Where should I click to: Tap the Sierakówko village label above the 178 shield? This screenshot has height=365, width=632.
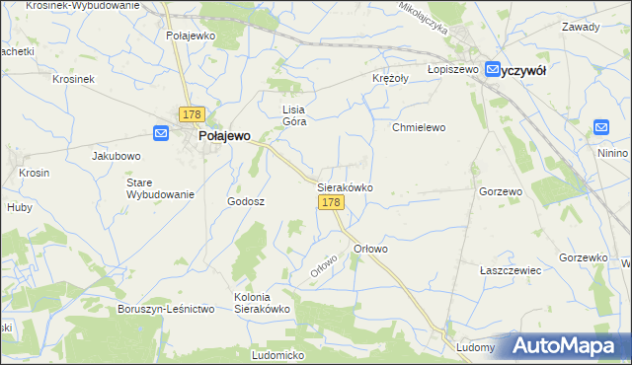click(x=344, y=186)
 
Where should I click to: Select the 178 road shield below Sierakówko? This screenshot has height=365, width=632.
click(x=331, y=202)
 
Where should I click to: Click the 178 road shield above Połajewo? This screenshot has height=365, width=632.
click(x=192, y=114)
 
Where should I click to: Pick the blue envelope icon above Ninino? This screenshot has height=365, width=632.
click(x=602, y=127)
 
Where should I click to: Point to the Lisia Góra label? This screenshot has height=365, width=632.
click(x=294, y=115)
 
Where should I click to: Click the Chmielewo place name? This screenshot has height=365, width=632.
click(x=420, y=127)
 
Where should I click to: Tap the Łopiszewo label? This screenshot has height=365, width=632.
click(x=452, y=70)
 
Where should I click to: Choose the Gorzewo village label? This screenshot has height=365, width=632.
click(x=500, y=191)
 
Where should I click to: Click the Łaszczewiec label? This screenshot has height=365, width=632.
click(x=509, y=269)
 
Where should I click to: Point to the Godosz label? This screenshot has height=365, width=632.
click(x=246, y=200)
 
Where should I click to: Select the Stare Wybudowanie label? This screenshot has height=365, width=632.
click(x=159, y=188)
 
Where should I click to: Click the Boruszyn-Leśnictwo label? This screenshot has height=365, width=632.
click(x=166, y=309)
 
